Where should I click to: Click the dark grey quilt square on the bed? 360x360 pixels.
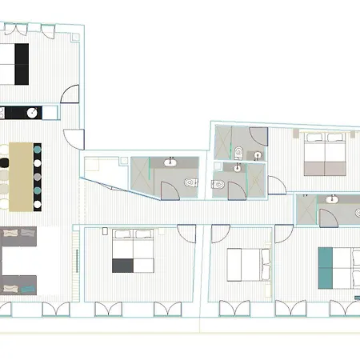coord(122,266)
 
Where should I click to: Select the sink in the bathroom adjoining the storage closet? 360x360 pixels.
coord(170,163)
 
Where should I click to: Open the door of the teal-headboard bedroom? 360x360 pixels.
coord(285,234)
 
